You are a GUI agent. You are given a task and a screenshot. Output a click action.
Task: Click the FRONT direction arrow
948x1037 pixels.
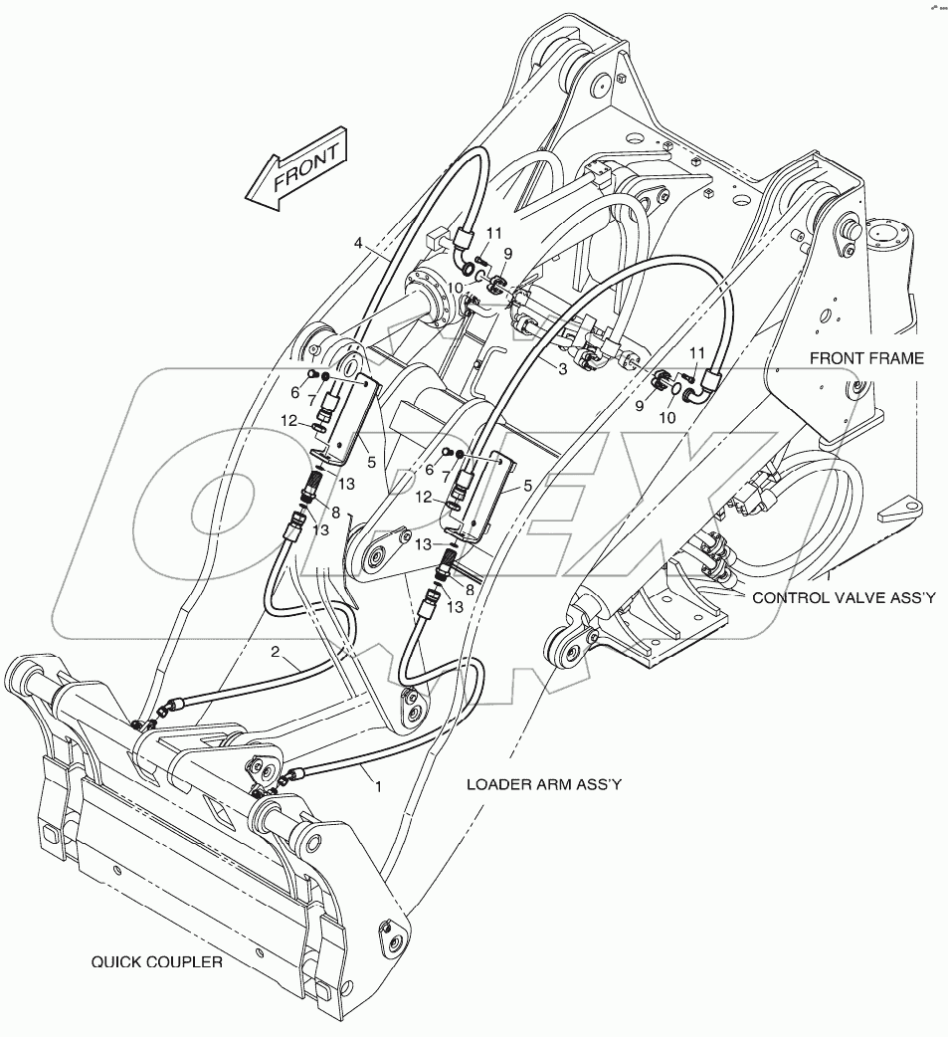tap(295, 170)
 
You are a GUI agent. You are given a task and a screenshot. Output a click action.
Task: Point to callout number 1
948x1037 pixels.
tap(378, 785)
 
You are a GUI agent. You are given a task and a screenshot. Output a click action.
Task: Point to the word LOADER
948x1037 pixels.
tap(497, 784)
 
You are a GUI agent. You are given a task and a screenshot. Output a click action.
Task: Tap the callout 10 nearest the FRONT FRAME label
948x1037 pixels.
tap(666, 418)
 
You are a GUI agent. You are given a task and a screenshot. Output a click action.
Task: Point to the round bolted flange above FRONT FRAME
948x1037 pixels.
tap(888, 239)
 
